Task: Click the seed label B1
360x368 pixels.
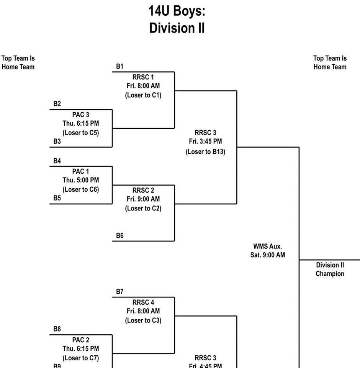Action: coord(120,67)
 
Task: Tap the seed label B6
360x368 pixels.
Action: coord(120,236)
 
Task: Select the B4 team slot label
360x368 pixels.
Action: coord(57,161)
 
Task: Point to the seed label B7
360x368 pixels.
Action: coord(120,292)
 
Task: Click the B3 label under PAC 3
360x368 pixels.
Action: coord(57,141)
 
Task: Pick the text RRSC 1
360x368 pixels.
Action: coord(143,77)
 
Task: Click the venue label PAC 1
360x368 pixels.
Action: coord(81,171)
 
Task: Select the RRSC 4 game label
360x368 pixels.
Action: coord(143,302)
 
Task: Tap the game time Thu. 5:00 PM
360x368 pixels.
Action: coord(81,180)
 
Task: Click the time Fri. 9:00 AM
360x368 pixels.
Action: coord(143,199)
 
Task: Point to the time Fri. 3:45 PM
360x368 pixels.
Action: coord(205,141)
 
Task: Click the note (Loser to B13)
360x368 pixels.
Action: coord(205,151)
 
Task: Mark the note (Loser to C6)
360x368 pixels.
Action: coord(81,189)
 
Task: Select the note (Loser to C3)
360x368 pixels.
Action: coord(143,320)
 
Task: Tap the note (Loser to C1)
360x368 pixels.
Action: coord(143,95)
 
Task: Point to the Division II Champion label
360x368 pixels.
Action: coord(330,269)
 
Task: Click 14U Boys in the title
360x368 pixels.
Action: coord(177,11)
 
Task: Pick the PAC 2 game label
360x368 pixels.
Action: coord(81,340)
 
